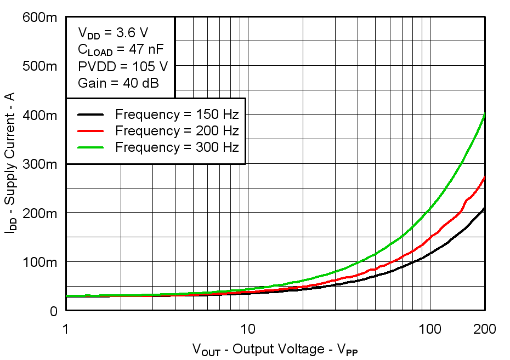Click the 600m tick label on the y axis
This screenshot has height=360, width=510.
[x=39, y=18]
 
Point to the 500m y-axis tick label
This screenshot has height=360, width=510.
[x=39, y=66]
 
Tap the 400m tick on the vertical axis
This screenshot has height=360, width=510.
[x=39, y=115]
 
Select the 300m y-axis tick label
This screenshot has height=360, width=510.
[x=39, y=164]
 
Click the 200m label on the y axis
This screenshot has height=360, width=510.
[x=39, y=213]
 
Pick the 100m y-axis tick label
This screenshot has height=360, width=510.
[x=39, y=262]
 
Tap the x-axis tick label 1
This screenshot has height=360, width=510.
[x=66, y=329]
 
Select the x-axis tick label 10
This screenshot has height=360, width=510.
[x=248, y=329]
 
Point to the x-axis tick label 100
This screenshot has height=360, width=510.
[x=430, y=329]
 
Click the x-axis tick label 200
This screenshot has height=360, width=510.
[x=484, y=329]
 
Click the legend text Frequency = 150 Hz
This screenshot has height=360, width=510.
[x=177, y=115]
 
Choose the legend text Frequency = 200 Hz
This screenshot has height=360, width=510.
[x=177, y=131]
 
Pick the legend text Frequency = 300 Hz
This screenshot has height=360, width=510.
[x=177, y=147]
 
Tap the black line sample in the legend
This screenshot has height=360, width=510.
[x=90, y=115]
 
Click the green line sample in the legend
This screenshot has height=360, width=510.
[x=90, y=147]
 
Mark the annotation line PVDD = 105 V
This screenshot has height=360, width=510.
[x=123, y=67]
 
